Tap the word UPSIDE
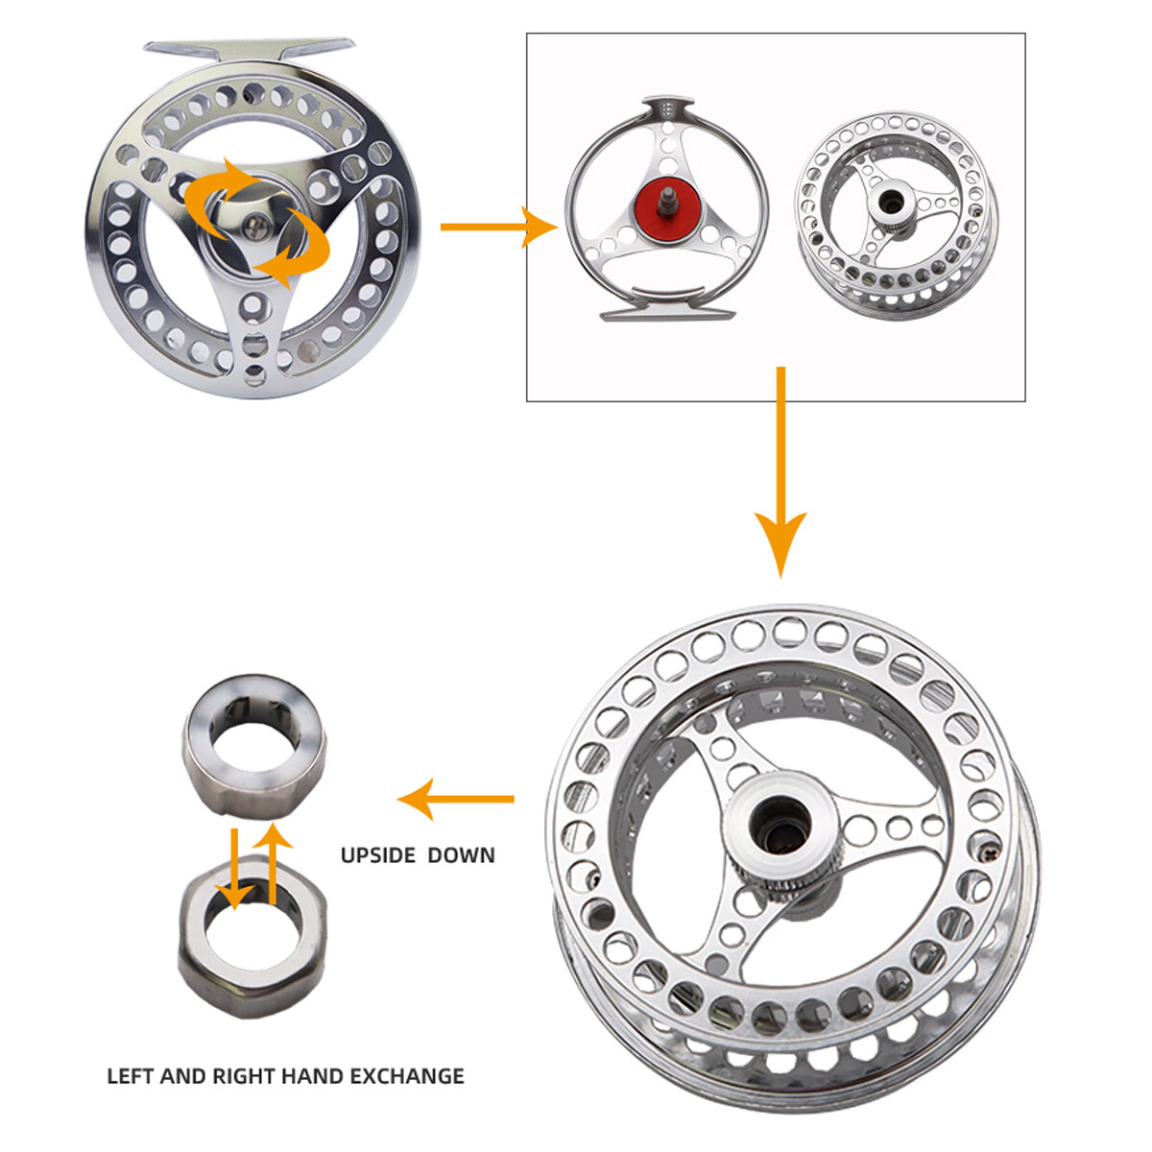378,855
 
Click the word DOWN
462,855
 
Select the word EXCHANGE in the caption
407,1076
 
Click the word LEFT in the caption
130,1076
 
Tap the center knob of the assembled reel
253,226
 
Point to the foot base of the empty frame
666,313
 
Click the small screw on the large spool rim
989,850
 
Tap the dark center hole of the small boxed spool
886,202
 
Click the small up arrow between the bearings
274,864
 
